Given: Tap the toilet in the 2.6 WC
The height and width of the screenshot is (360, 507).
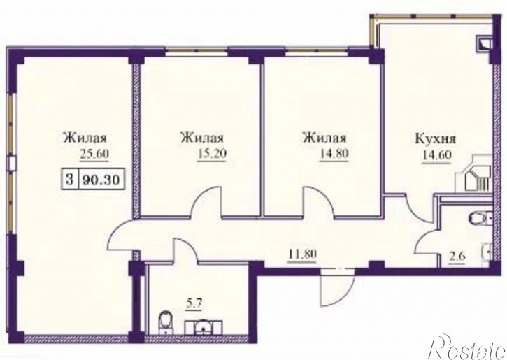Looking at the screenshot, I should pos(479,218).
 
